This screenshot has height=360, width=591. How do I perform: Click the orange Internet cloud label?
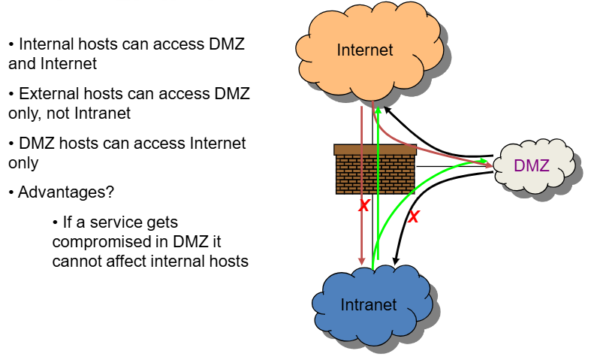(x=365, y=50)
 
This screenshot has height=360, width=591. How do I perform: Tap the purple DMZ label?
(x=532, y=165)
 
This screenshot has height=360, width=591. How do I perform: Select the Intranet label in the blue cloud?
(x=368, y=304)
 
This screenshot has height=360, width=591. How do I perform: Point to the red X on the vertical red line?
(x=363, y=206)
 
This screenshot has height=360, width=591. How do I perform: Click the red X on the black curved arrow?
(x=412, y=217)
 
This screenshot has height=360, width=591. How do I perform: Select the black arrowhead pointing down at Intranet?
(x=396, y=261)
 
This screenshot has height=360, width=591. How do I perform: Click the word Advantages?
(x=66, y=192)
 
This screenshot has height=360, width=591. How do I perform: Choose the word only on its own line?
(x=23, y=162)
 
